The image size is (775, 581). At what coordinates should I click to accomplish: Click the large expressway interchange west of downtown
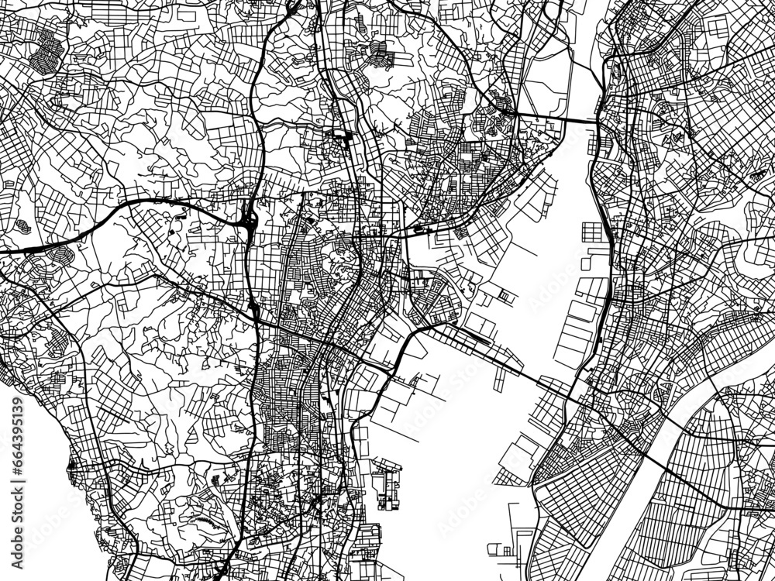249,223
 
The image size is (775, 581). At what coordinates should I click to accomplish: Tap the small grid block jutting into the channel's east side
593,232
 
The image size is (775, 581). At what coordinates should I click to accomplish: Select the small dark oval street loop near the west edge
22,225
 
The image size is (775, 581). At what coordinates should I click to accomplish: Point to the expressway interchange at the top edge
292,8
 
